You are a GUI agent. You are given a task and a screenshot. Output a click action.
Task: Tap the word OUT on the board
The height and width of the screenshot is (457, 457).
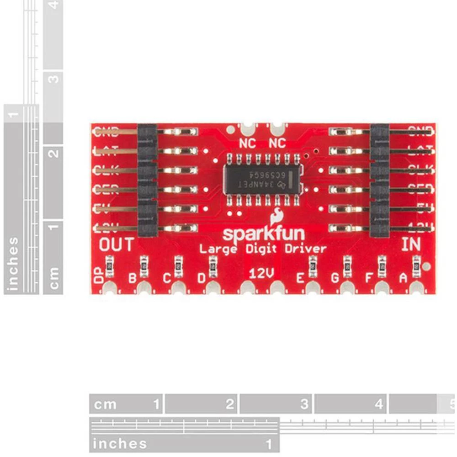[x=117, y=244]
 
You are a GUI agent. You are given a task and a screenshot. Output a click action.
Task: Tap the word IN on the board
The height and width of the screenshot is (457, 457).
[x=410, y=244]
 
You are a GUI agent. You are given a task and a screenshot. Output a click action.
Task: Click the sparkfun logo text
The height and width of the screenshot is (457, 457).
[x=263, y=234]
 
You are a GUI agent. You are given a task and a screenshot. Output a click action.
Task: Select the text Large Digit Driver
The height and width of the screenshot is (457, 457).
[x=263, y=249]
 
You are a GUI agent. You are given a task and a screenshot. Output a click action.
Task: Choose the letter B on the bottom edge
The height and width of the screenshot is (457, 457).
[x=133, y=278]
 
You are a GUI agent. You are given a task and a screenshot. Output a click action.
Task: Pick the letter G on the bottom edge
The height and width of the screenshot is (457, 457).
[x=335, y=278]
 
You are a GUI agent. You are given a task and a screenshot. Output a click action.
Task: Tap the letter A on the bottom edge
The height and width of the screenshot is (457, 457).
[x=403, y=278]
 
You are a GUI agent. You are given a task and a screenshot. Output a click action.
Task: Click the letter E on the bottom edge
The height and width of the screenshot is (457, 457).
[x=300, y=278]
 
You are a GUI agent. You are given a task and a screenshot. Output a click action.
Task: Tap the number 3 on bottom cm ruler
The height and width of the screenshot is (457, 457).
[x=303, y=404]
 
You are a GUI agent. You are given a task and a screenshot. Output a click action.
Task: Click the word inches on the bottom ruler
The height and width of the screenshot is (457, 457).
[x=120, y=443]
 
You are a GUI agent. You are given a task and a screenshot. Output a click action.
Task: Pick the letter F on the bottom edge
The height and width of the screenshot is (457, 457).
[x=369, y=278]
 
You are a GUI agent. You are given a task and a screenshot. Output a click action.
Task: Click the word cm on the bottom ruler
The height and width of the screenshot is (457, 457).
[x=105, y=404]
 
